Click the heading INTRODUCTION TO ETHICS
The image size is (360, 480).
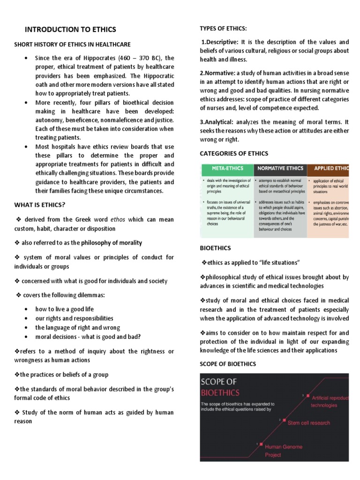(70, 30)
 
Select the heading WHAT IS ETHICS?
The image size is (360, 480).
(39, 204)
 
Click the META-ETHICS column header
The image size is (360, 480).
(226, 168)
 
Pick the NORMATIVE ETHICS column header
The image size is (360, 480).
(280, 168)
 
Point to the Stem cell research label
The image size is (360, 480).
(308, 422)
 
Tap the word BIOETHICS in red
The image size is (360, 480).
(220, 392)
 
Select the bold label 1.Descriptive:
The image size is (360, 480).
(220, 42)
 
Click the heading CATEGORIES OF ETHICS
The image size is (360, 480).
(234, 153)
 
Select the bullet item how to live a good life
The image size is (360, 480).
(64, 309)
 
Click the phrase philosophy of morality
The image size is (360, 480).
(111, 243)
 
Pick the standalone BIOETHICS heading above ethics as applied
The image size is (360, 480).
(215, 248)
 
